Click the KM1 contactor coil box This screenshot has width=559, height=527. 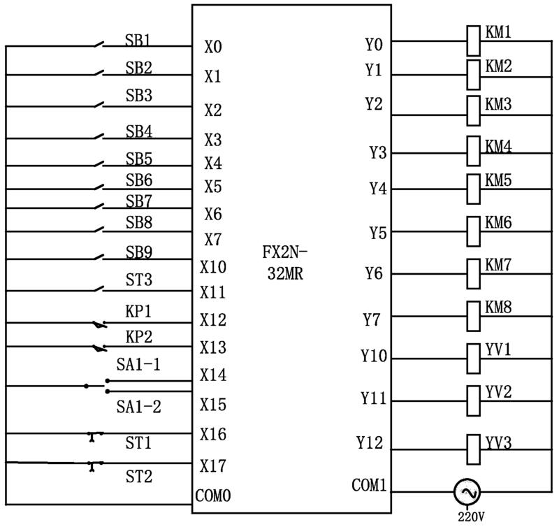point(473,41)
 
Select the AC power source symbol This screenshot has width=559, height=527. point(466,493)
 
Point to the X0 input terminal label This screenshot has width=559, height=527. point(213,48)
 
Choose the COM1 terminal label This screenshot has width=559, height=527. point(369,484)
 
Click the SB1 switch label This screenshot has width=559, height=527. point(138,40)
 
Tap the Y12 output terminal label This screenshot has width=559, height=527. point(370,442)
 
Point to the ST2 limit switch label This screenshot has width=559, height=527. point(138,477)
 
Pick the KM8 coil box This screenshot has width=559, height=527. point(473,315)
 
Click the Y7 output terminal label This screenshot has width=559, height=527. point(372,320)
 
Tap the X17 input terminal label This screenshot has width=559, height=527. point(213,465)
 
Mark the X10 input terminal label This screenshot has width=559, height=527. point(213,266)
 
